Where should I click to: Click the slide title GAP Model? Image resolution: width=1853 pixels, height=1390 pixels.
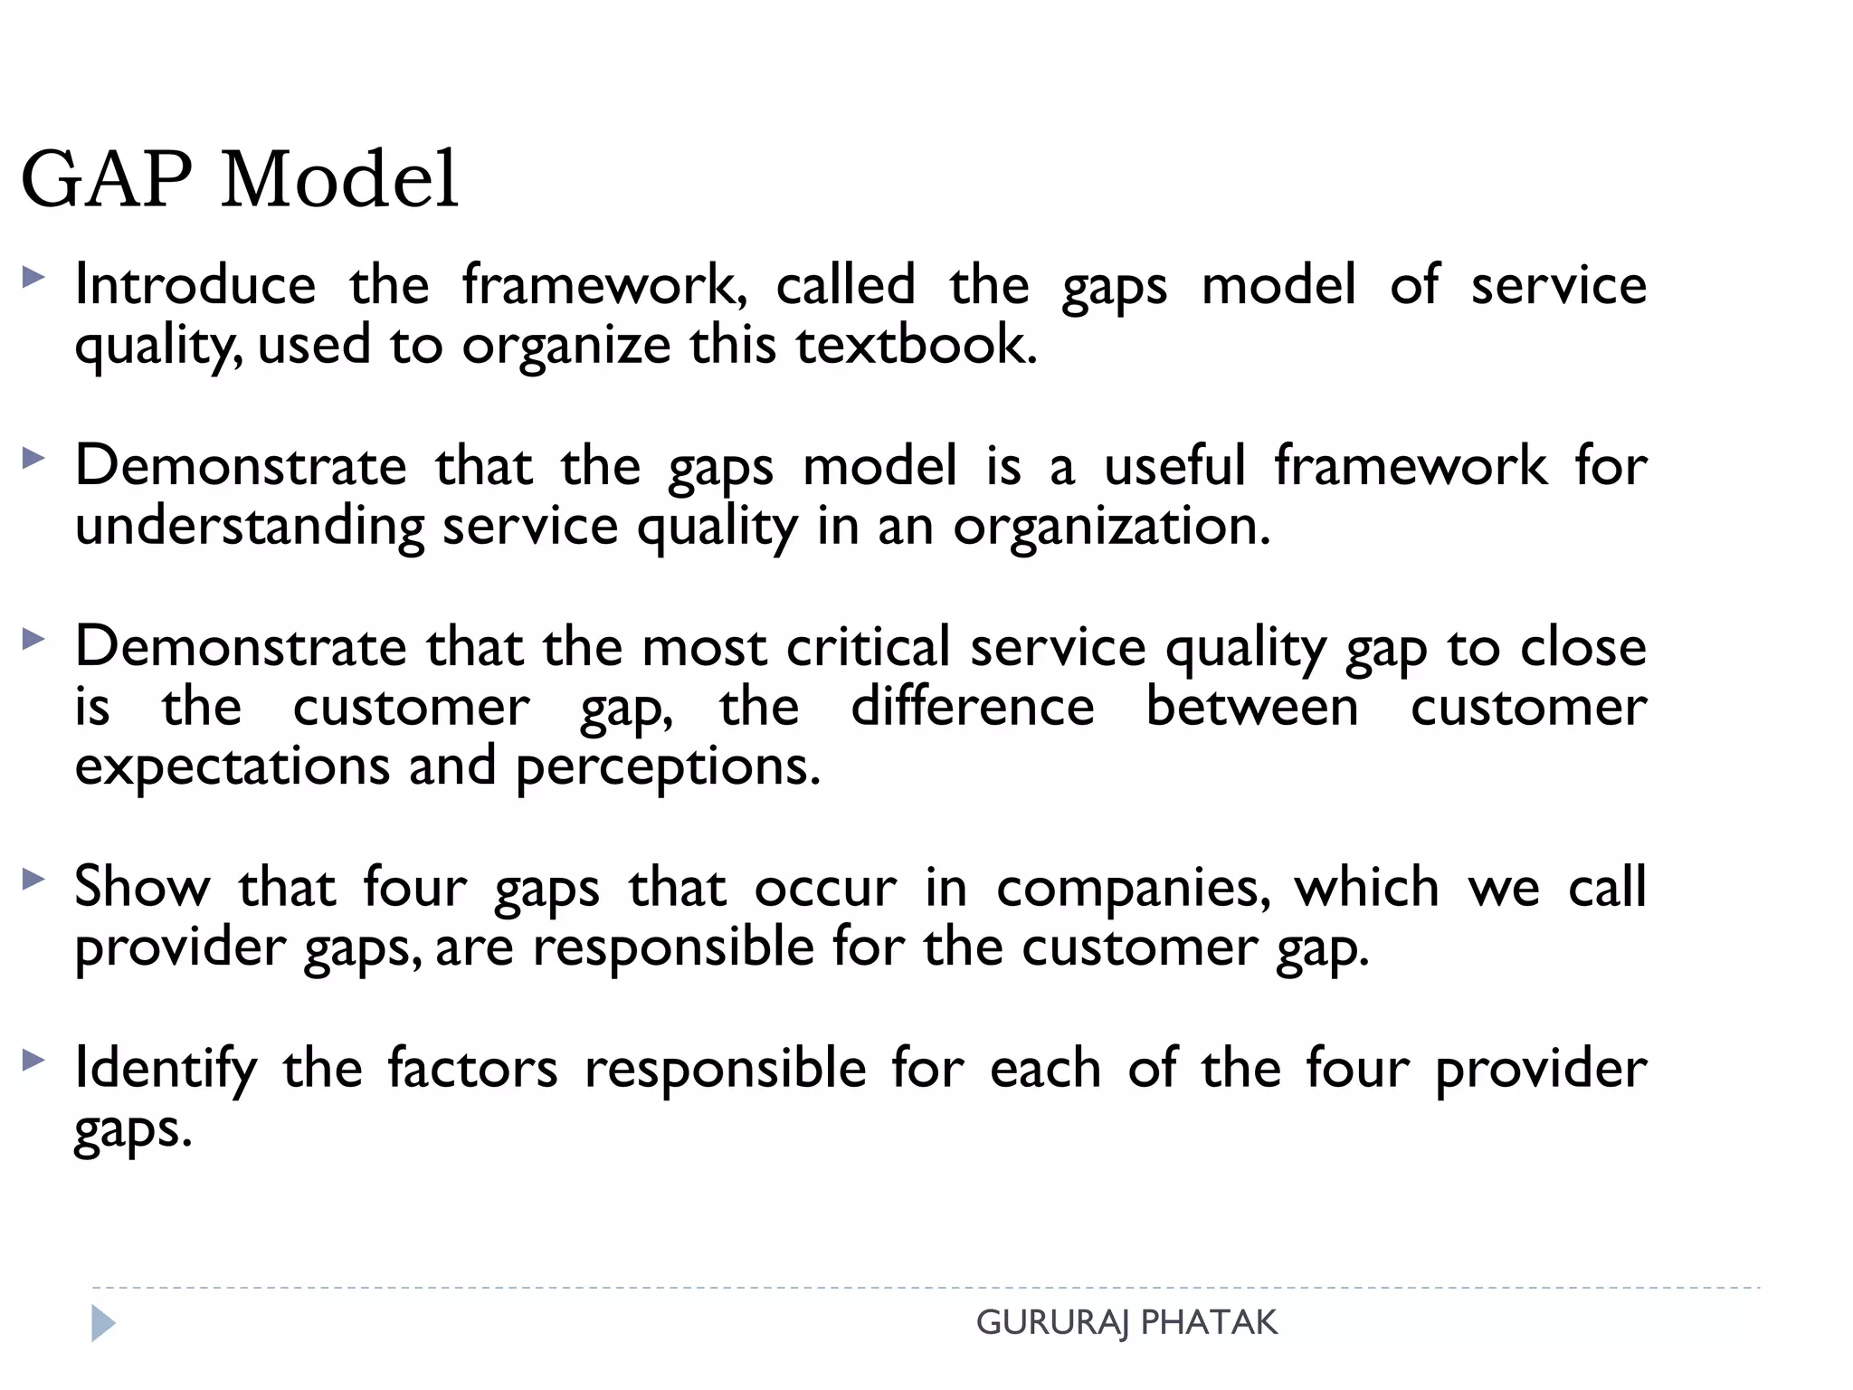(x=240, y=179)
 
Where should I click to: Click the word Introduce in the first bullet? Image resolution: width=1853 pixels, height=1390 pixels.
(x=195, y=285)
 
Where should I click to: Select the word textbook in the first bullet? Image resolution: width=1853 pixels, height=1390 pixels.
(x=916, y=345)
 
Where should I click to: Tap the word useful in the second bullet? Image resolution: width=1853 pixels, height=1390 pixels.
(x=1174, y=466)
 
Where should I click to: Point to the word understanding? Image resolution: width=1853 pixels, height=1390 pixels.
(x=250, y=526)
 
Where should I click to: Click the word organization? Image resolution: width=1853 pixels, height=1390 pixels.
(x=1111, y=526)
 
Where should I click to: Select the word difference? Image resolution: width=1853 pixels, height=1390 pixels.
(x=973, y=707)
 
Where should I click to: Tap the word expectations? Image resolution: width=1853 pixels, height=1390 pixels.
(x=233, y=766)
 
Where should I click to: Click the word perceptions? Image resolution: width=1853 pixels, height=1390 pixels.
(x=668, y=766)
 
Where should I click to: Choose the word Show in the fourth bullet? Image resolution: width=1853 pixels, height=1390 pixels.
(x=142, y=887)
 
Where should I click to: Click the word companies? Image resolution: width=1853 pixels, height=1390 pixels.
(x=1132, y=887)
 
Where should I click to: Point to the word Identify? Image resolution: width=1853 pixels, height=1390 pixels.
(x=166, y=1069)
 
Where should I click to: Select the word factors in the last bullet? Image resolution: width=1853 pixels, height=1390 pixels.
(x=472, y=1069)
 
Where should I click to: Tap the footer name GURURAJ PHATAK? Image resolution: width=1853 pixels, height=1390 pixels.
(x=1126, y=1323)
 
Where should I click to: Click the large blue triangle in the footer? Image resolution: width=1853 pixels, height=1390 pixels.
(x=103, y=1324)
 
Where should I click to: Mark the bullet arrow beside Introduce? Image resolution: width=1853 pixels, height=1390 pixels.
(x=33, y=277)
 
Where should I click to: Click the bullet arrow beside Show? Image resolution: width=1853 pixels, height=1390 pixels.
(x=33, y=878)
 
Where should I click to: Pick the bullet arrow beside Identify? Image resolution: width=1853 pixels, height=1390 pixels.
(x=33, y=1060)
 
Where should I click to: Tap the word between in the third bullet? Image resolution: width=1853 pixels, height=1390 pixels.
(x=1252, y=707)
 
